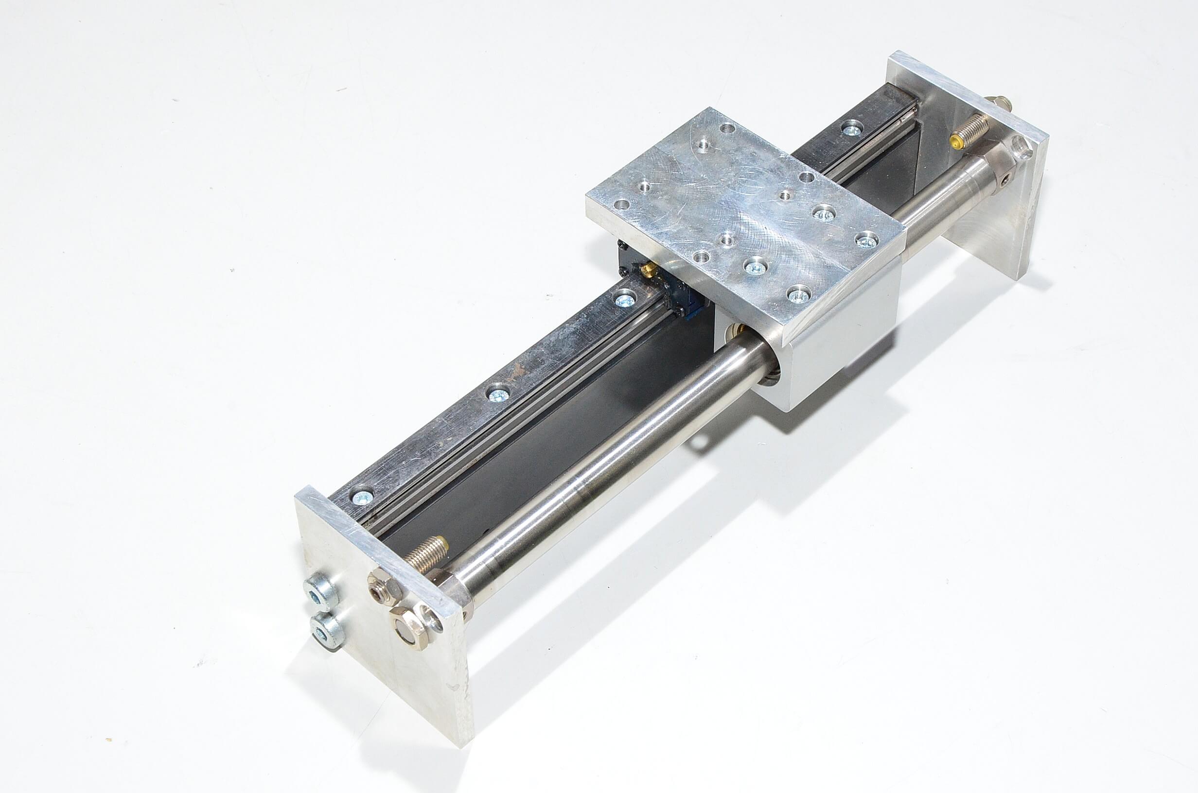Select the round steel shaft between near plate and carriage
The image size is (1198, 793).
pos(597,470)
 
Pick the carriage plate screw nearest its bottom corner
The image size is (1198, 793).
pos(798,294)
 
